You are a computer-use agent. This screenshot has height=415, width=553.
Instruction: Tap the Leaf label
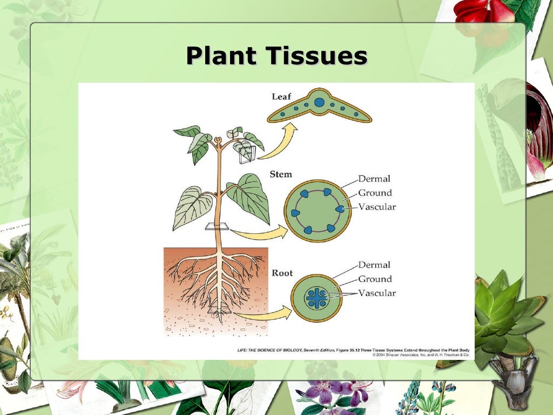pos(281,97)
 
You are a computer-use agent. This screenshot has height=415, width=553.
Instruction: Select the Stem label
pos(280,175)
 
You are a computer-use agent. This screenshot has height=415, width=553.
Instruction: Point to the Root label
pos(282,273)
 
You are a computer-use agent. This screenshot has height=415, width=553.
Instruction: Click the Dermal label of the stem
pos(374,179)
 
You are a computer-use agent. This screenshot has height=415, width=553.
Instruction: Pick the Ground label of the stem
pos(375,193)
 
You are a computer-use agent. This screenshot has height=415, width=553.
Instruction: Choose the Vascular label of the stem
pos(377,207)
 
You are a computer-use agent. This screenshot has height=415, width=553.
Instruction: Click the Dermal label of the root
pos(374,265)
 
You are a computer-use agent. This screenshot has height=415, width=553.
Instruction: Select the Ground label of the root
pos(375,279)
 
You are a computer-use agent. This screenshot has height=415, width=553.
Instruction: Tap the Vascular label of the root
pos(377,293)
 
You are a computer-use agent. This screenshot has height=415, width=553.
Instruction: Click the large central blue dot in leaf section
pos(319,102)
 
